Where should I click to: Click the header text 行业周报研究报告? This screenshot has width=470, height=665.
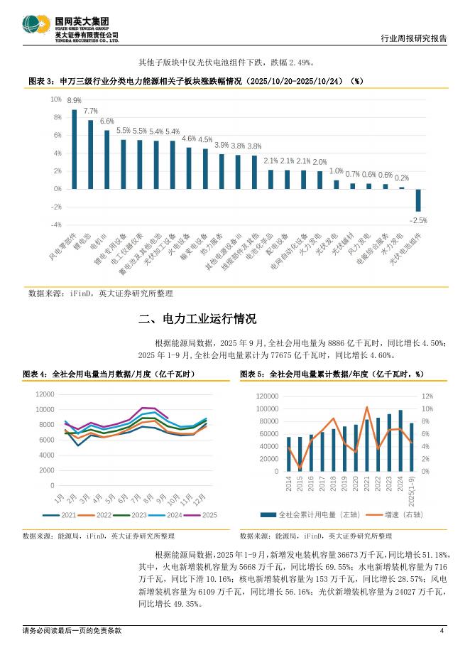[413, 39]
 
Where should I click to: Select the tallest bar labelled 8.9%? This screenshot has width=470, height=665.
[74, 148]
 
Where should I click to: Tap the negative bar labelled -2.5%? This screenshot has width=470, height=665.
[418, 200]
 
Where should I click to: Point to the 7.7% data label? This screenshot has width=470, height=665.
[90, 112]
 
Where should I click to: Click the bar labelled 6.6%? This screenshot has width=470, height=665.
[106, 159]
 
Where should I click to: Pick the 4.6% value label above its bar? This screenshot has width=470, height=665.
[189, 139]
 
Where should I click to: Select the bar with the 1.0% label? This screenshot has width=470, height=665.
[337, 184]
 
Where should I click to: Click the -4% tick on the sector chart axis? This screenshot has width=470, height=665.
[55, 225]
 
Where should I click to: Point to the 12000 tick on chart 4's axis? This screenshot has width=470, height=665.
[44, 394]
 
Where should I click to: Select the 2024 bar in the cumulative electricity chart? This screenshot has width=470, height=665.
[400, 440]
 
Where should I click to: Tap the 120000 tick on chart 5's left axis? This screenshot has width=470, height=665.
[267, 396]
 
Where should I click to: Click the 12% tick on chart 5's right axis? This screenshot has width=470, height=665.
[427, 396]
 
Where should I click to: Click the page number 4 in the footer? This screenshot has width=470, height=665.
[442, 630]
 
